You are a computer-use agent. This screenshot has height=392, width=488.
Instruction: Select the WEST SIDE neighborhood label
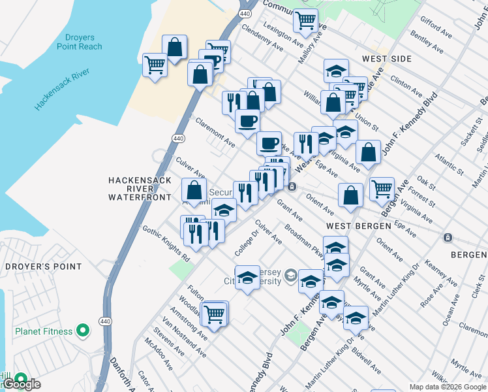387,59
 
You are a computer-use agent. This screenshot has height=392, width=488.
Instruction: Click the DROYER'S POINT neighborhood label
43,267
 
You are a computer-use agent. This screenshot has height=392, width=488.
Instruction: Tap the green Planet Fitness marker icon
82,331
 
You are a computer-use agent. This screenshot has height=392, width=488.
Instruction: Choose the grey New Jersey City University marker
290,277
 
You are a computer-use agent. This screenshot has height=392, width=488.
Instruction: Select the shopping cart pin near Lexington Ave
305,21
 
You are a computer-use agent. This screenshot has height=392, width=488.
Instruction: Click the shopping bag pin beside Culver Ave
194,190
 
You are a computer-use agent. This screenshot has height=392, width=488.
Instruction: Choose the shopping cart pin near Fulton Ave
215,314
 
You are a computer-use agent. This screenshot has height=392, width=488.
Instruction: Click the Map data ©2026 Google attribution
447,387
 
